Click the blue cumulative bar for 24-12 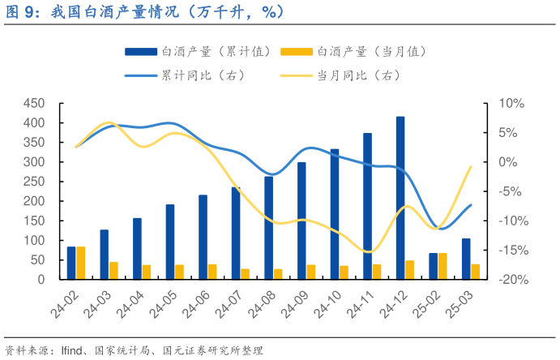point(400,199)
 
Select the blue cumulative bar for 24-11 point(367,207)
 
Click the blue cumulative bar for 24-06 point(203,237)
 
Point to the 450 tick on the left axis point(33,104)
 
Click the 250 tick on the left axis point(33,182)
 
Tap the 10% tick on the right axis point(512,104)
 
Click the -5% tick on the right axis point(511,191)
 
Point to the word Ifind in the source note point(75,350)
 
